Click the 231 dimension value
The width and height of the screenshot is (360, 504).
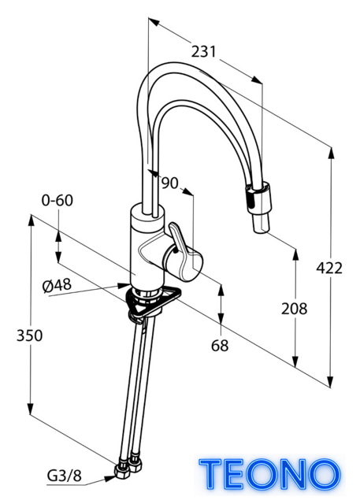[x=204, y=51]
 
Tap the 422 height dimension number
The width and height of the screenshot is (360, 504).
[x=329, y=268]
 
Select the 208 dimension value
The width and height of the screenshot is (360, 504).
[x=294, y=308]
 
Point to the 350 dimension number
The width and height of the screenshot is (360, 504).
[x=30, y=335]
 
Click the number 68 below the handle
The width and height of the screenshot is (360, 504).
[x=220, y=346]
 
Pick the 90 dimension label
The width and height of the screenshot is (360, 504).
[x=169, y=183]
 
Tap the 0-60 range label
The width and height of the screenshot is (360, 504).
[x=58, y=200]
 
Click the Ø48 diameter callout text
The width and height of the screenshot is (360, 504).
[x=57, y=285]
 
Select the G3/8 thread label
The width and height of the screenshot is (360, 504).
[x=65, y=476]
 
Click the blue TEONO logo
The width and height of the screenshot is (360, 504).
[x=269, y=474]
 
